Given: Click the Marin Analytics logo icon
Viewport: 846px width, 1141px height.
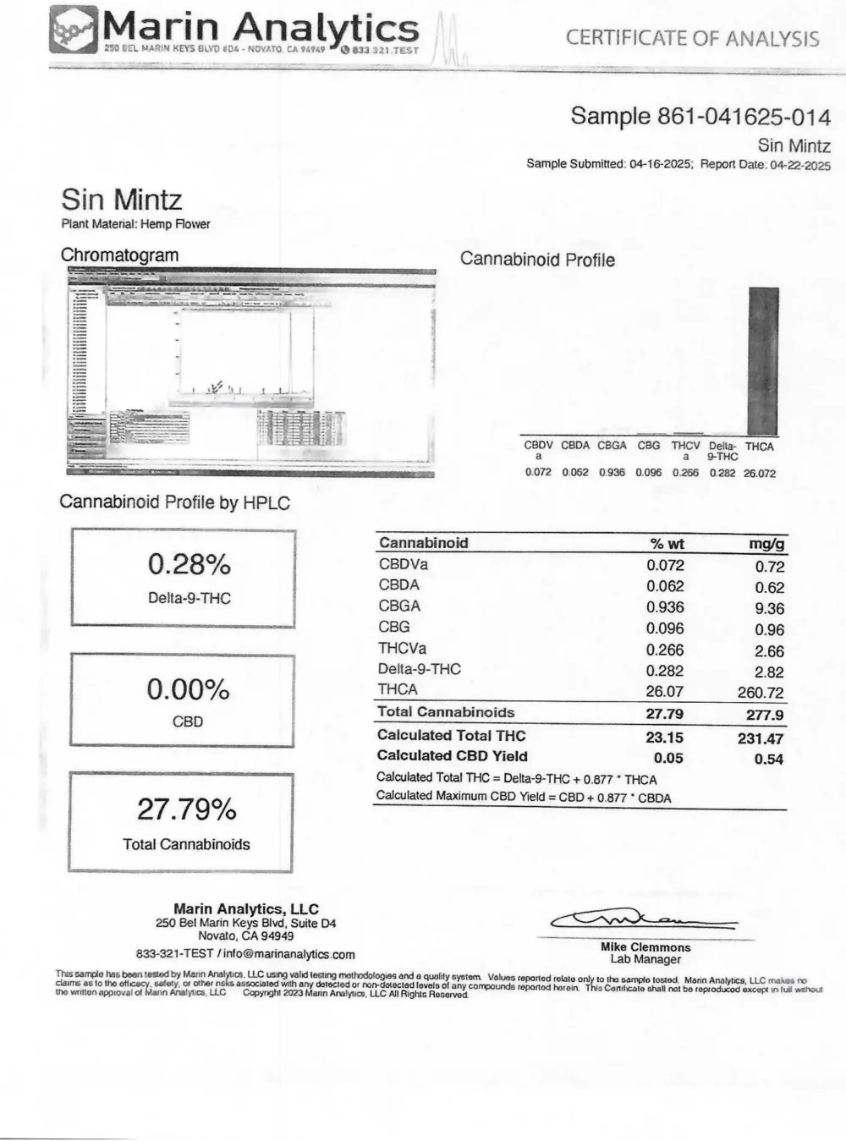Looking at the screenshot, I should click(74, 30).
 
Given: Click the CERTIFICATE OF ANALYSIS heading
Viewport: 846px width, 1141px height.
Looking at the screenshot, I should click(692, 38).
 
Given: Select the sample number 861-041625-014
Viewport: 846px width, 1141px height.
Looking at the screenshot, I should click(744, 117).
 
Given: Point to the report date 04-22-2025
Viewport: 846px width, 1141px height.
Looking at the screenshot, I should click(799, 165).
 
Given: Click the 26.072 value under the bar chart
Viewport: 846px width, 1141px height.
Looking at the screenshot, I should click(759, 473).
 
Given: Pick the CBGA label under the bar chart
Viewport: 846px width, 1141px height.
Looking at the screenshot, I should click(612, 446).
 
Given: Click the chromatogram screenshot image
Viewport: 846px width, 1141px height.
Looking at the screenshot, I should click(250, 372).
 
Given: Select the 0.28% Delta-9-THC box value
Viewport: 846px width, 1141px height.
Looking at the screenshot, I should click(190, 564).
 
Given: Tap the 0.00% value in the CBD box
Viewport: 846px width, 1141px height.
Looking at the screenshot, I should click(188, 689).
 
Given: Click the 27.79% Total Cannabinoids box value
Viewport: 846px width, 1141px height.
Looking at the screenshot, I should click(187, 809).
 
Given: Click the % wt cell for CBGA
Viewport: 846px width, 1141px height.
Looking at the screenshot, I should click(665, 607).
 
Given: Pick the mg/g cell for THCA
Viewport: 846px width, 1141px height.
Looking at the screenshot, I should click(761, 693).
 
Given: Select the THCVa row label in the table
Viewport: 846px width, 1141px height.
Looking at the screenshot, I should click(403, 649).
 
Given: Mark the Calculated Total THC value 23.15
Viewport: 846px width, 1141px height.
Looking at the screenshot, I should click(664, 738).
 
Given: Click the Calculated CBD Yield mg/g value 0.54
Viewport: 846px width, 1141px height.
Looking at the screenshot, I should click(768, 759).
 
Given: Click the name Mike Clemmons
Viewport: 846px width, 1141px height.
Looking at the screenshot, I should click(645, 947).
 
